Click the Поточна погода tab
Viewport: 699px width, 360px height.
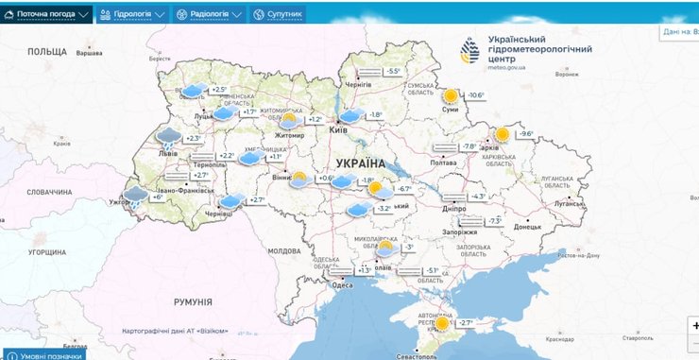coord(47,14)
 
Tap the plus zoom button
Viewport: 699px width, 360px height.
coord(694,324)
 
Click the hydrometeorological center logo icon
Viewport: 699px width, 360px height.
coord(469,51)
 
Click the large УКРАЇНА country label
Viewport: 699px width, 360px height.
coord(348,163)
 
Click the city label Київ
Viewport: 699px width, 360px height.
coord(338,130)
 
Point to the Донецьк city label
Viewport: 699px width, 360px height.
coord(527,227)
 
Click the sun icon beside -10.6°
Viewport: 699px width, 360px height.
coord(450,95)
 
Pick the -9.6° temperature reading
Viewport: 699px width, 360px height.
coord(526,133)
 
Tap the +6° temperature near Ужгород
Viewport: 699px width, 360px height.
coord(158,197)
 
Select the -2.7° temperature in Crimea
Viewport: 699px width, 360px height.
coord(466,322)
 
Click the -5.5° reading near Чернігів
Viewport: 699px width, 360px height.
coord(393,71)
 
